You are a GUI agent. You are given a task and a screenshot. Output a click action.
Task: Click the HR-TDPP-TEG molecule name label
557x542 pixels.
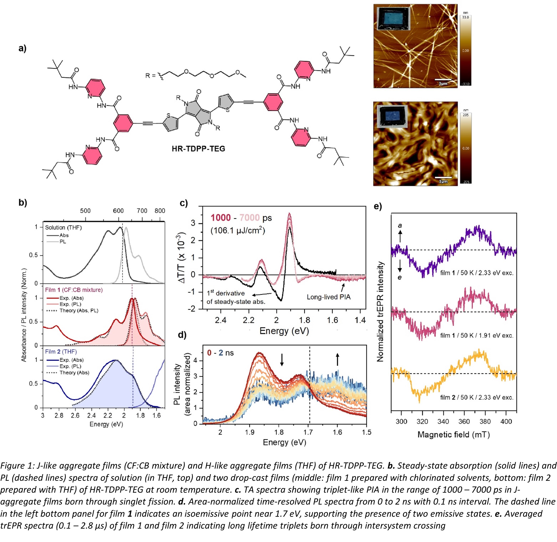(198, 149)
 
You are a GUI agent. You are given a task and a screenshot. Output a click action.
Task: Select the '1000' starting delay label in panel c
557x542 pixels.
(221, 218)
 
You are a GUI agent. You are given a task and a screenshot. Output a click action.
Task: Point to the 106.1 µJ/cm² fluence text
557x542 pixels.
(237, 230)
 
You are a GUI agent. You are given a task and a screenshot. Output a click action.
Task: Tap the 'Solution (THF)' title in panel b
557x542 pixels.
(63, 228)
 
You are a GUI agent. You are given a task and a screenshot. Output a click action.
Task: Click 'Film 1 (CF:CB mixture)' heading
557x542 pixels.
(74, 290)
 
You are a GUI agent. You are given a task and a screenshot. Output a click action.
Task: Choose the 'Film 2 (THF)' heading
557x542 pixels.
(61, 352)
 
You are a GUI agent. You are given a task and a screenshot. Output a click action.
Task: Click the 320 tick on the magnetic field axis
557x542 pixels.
(422, 421)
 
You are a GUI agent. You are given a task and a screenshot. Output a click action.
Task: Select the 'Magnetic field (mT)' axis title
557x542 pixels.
(453, 435)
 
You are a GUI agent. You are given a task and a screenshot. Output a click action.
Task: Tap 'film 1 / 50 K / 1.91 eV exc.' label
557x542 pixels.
(477, 335)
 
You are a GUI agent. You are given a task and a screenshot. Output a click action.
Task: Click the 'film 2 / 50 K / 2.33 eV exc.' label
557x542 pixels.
(477, 397)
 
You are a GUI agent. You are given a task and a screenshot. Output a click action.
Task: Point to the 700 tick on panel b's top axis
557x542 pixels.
(142, 211)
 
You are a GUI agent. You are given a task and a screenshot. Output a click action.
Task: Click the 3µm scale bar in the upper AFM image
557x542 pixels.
(443, 80)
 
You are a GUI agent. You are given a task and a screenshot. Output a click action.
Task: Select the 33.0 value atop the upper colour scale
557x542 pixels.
(465, 17)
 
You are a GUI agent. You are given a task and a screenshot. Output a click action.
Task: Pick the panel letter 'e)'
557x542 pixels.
(378, 206)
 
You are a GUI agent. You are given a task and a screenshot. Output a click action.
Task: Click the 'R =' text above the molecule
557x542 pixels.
(150, 76)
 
